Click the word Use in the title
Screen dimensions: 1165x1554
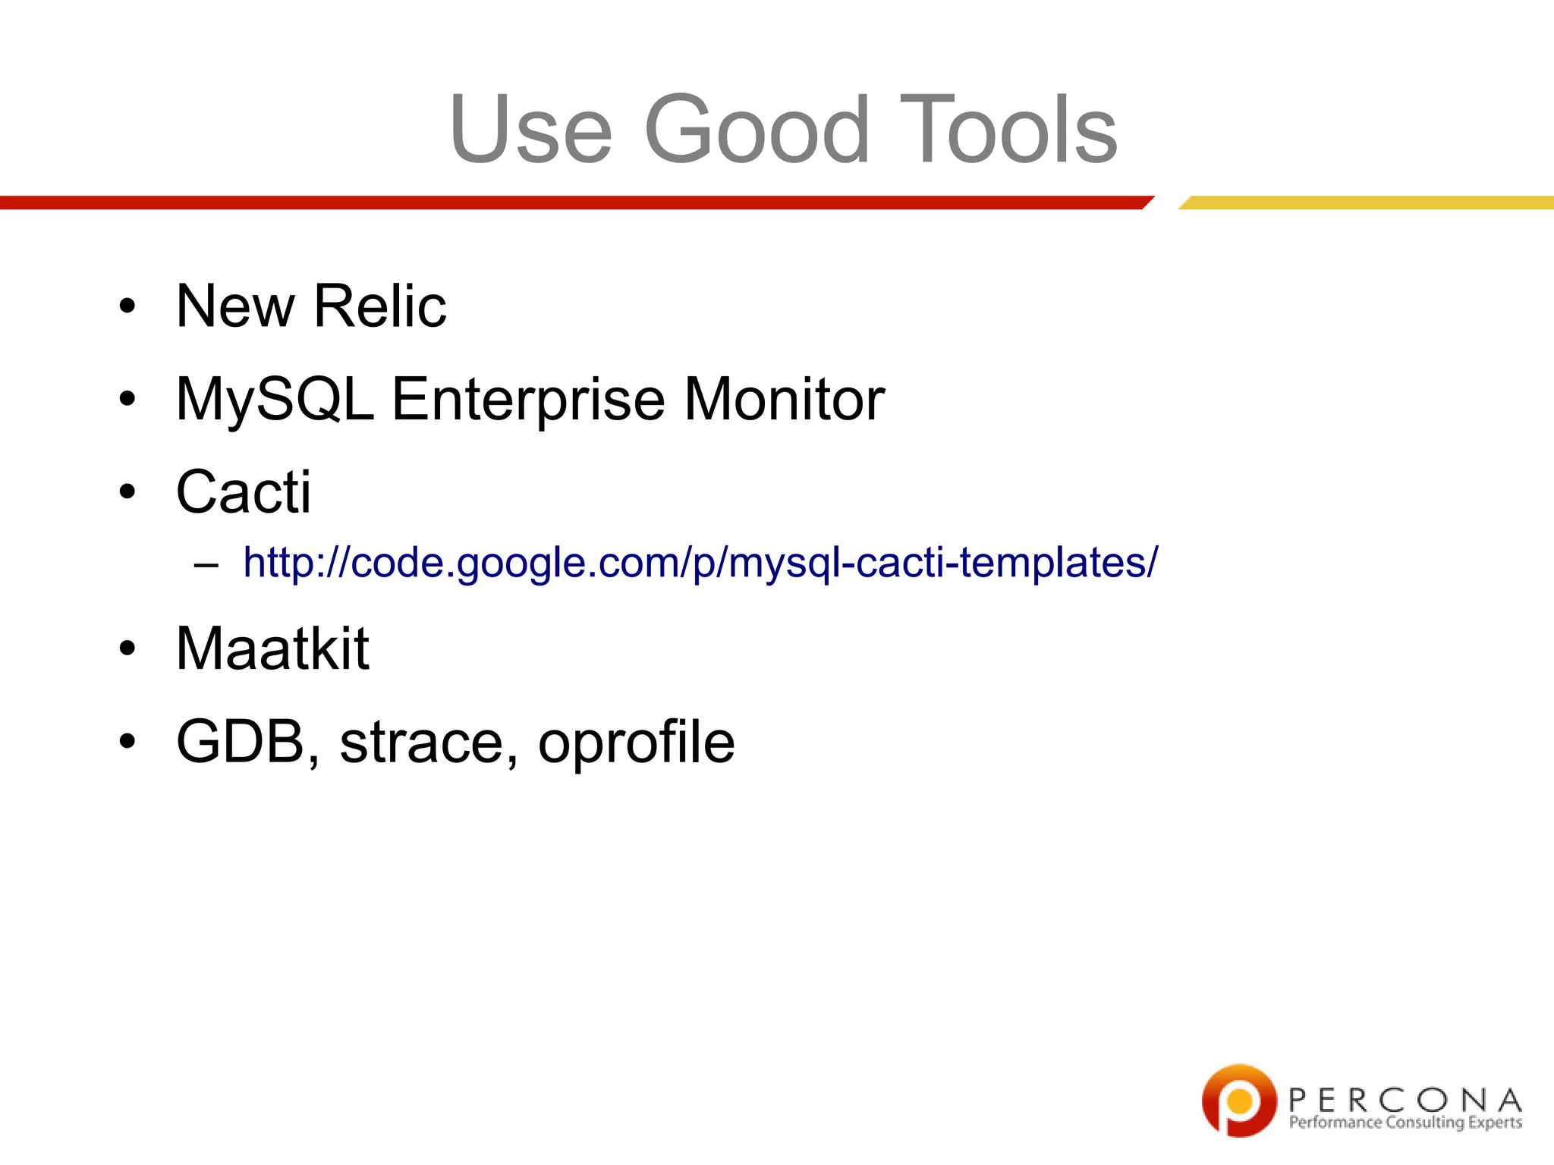(530, 129)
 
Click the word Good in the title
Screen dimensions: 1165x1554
(757, 129)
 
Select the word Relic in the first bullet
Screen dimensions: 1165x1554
(380, 306)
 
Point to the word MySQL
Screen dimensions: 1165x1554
(275, 399)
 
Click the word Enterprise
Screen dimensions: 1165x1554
(528, 399)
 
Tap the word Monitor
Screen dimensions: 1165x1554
(784, 399)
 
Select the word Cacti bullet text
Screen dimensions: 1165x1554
(244, 491)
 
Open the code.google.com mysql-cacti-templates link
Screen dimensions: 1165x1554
(700, 563)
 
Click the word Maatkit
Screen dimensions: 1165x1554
(272, 648)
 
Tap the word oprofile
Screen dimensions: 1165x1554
(636, 741)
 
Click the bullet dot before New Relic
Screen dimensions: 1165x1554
(127, 307)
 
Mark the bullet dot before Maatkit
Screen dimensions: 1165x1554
(127, 650)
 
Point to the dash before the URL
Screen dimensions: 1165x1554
(206, 564)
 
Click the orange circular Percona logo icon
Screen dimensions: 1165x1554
(1239, 1100)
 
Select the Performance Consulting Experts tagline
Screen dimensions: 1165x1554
(1405, 1123)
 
